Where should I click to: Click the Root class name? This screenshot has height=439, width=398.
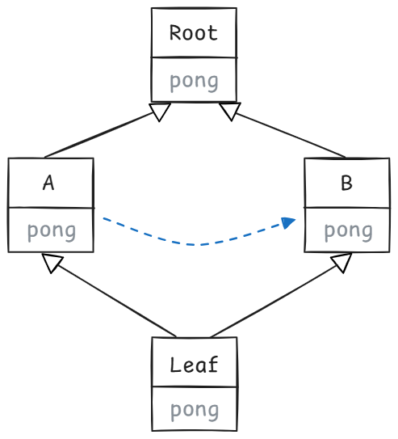pyautogui.click(x=194, y=33)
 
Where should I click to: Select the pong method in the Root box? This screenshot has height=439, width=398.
pyautogui.click(x=194, y=82)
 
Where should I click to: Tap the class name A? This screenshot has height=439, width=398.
pyautogui.click(x=48, y=183)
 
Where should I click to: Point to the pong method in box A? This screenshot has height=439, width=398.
pyautogui.click(x=52, y=232)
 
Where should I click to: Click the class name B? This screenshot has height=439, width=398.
pyautogui.click(x=346, y=183)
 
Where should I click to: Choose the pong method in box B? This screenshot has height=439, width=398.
pyautogui.click(x=349, y=232)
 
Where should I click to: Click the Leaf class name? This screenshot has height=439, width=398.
pyautogui.click(x=194, y=365)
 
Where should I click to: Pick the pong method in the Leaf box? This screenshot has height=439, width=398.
pyautogui.click(x=195, y=411)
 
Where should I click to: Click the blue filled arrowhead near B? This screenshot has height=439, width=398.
pyautogui.click(x=288, y=222)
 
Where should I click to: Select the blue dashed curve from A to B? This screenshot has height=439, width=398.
pyautogui.click(x=199, y=245)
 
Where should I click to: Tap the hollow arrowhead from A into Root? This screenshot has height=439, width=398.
pyautogui.click(x=160, y=112)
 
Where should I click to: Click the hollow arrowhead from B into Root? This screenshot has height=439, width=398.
pyautogui.click(x=230, y=111)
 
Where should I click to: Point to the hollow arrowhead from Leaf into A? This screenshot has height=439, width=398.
pyautogui.click(x=52, y=262)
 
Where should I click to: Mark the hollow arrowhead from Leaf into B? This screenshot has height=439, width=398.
pyautogui.click(x=341, y=263)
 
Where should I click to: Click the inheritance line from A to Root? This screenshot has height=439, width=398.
pyautogui.click(x=98, y=135)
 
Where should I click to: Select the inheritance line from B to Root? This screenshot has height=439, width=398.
pyautogui.click(x=291, y=135)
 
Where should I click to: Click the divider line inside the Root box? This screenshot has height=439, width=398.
pyautogui.click(x=194, y=57)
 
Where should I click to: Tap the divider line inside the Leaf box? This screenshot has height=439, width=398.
pyautogui.click(x=195, y=386)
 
